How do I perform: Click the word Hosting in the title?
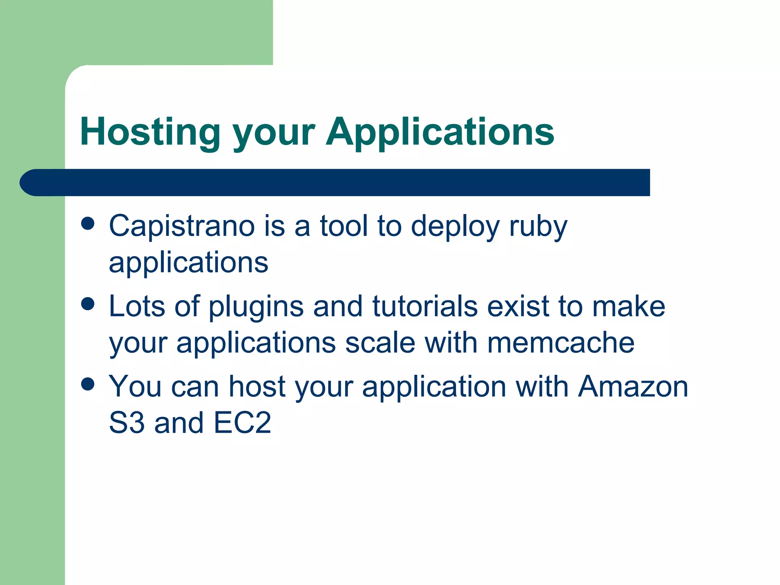coord(150,133)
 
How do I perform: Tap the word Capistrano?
coord(182,226)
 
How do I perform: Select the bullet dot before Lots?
coord(88,304)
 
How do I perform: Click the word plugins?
coord(256,307)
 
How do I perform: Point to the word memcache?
coord(561,343)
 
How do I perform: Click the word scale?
coord(380,343)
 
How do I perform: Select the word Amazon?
coord(633,387)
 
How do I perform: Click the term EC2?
coord(242,423)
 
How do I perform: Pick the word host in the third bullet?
coord(257,387)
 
